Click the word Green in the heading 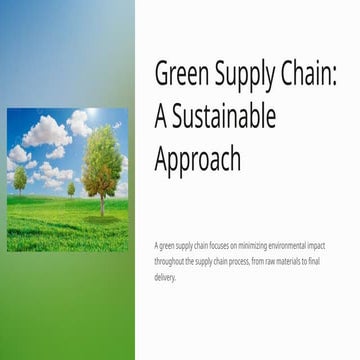point(181,74)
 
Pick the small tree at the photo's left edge point(19,180)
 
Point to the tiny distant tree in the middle point(71,187)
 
